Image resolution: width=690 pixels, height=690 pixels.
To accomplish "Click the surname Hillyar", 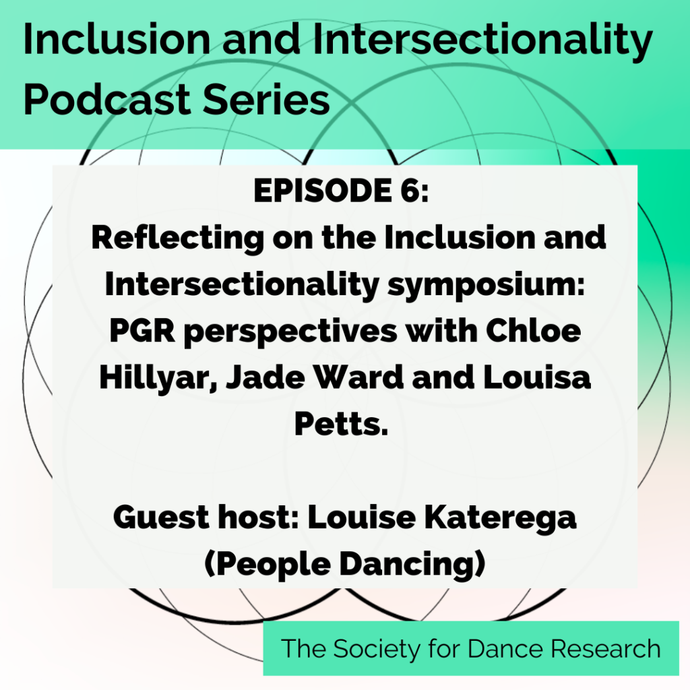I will (156, 379).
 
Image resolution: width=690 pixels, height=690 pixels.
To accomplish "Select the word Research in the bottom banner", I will (606, 649).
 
